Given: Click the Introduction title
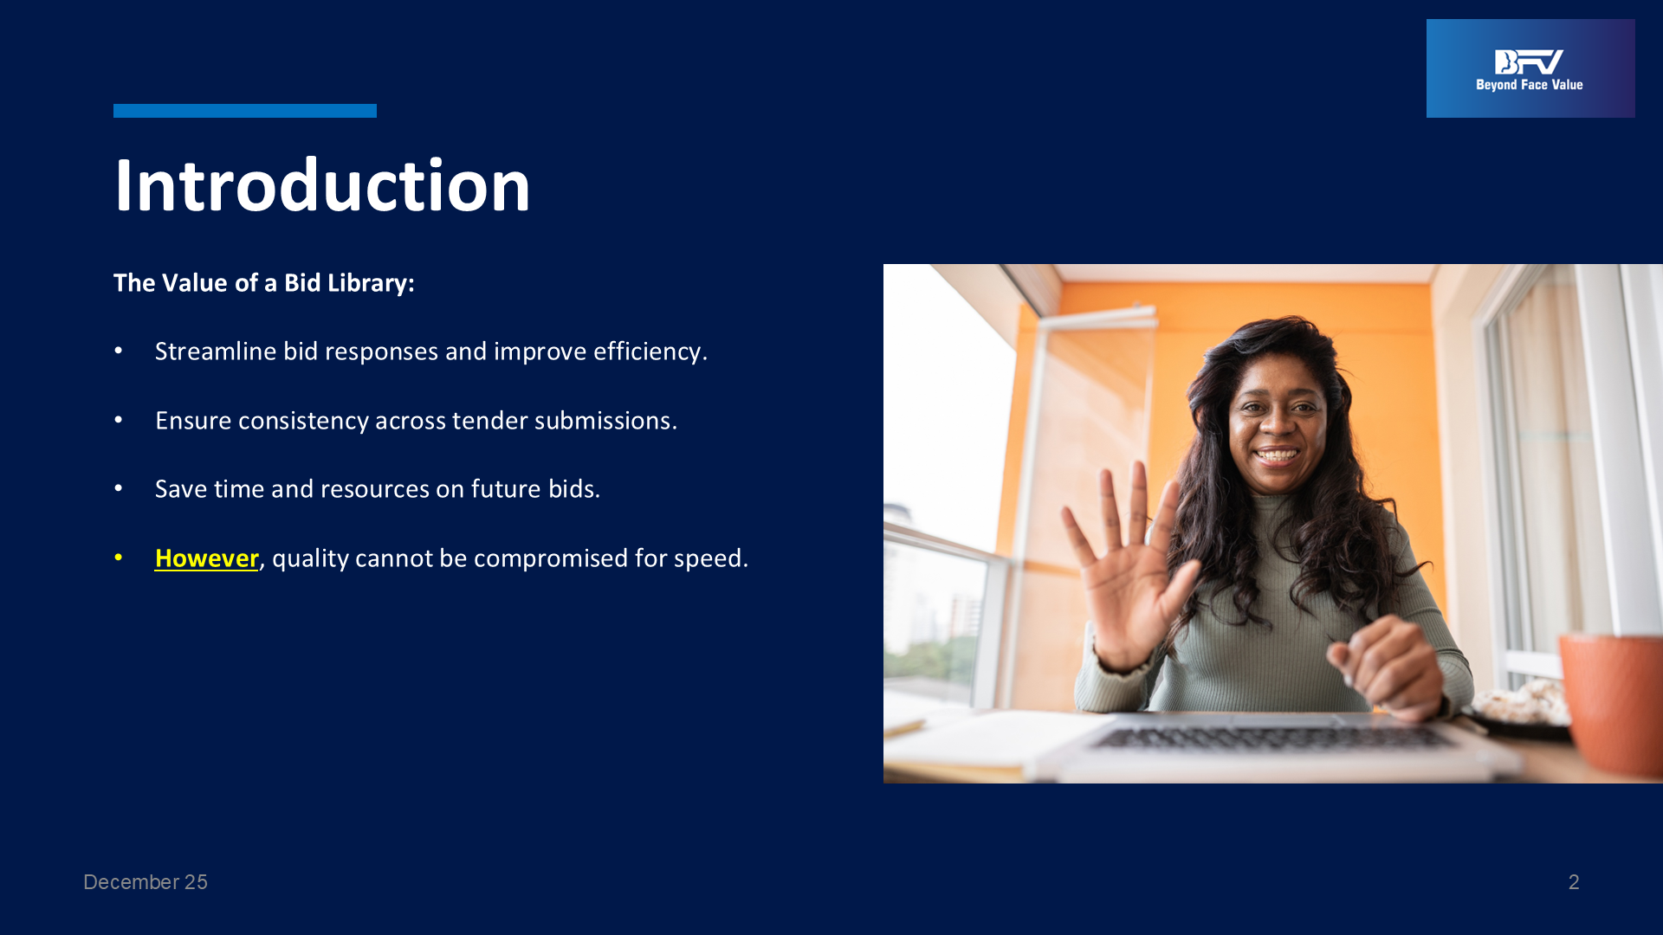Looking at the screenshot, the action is pyautogui.click(x=322, y=185).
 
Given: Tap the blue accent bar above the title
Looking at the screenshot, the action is pyautogui.click(x=245, y=111).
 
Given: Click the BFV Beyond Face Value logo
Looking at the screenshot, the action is pyautogui.click(x=1530, y=68).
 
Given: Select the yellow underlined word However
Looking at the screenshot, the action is pyautogui.click(x=206, y=558).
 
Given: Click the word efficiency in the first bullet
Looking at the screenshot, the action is pyautogui.click(x=650, y=351).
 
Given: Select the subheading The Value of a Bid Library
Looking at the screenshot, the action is pyautogui.click(x=264, y=283).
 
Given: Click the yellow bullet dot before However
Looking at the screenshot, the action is pyautogui.click(x=119, y=558).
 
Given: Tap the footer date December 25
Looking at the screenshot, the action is pyautogui.click(x=146, y=882).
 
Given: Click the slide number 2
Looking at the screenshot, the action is pyautogui.click(x=1574, y=882).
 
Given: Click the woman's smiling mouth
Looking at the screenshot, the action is pyautogui.click(x=1276, y=455).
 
